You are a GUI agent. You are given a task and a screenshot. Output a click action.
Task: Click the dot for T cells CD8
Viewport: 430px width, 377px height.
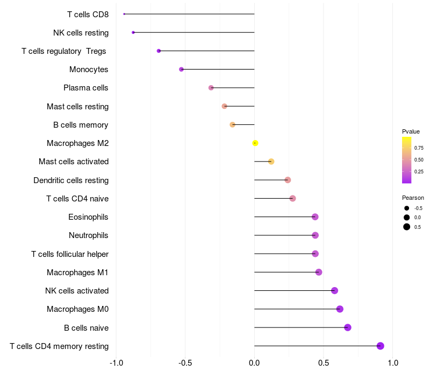coord(124,14)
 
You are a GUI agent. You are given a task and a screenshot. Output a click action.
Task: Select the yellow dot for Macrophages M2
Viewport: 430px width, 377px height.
coord(255,143)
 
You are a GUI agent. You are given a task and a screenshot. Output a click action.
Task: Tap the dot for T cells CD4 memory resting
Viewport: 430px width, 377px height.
coord(380,346)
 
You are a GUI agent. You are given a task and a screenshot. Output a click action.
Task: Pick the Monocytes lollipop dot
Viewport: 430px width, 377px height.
coord(181,69)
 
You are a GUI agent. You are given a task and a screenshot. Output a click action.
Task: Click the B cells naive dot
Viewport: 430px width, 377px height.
coord(347,327)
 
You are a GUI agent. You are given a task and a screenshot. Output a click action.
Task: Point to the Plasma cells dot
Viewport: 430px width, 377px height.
coord(211,88)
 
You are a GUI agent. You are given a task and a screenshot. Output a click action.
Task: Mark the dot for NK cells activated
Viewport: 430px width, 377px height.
coord(334,290)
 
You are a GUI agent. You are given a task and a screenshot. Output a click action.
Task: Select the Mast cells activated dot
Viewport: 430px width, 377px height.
coord(271,162)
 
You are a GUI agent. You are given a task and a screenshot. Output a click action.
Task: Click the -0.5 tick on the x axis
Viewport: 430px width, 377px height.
coord(185,363)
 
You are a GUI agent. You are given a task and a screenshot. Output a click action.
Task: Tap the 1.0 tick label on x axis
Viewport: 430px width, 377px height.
coord(393,363)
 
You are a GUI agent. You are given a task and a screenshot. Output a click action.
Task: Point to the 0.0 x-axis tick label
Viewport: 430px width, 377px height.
coord(254,363)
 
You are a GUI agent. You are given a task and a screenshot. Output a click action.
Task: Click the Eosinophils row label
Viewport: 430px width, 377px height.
coord(88,217)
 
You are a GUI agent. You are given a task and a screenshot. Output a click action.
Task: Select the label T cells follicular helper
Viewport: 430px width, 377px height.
coord(70,254)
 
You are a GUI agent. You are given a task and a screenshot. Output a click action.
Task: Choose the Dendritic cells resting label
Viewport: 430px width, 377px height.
coord(71,180)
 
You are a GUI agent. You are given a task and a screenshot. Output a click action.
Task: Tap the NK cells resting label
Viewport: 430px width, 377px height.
coord(81,33)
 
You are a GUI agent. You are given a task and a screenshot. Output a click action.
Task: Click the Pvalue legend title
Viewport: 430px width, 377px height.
coord(411,131)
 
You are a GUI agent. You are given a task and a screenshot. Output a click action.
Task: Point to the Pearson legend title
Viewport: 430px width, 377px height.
coord(413,198)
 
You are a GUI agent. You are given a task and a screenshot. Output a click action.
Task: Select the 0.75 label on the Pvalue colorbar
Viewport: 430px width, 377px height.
coord(419,148)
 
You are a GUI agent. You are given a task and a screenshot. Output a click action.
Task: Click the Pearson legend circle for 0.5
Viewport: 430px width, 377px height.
coord(407,227)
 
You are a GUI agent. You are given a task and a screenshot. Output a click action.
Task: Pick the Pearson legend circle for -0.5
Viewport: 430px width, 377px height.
coord(407,208)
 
